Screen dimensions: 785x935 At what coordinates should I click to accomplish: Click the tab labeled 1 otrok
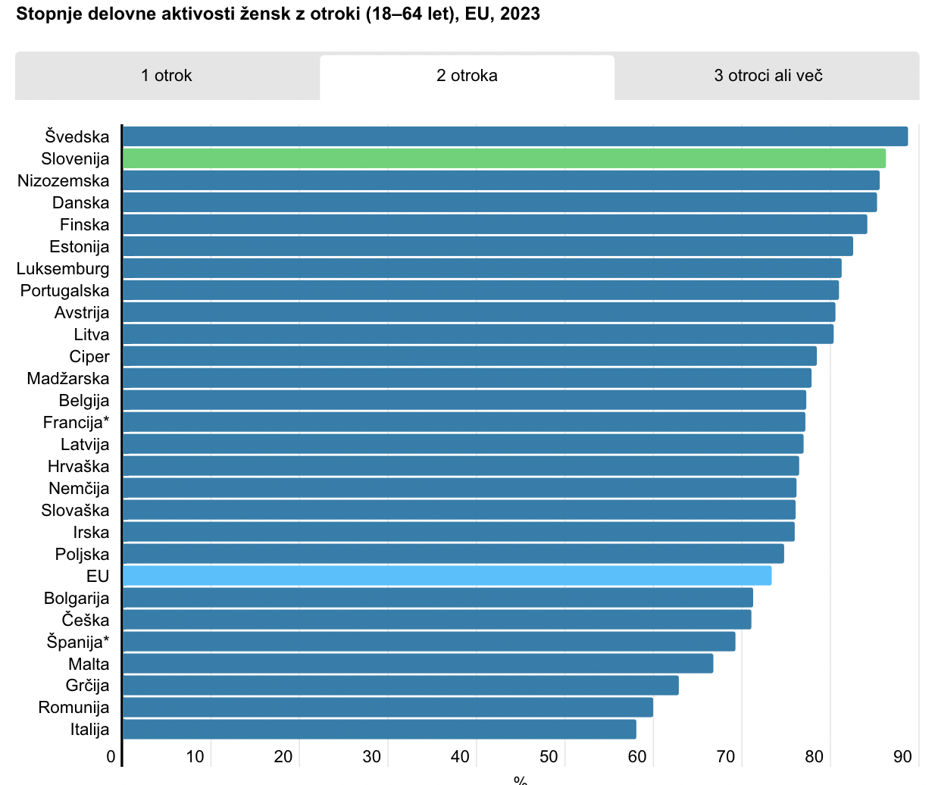pyautogui.click(x=167, y=76)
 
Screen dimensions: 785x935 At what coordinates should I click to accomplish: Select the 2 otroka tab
pyautogui.click(x=467, y=76)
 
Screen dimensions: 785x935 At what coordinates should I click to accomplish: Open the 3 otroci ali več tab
pyautogui.click(x=768, y=76)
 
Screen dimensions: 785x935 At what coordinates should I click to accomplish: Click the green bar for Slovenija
pyautogui.click(x=504, y=158)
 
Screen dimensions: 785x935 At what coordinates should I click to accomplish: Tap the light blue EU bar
pyautogui.click(x=447, y=576)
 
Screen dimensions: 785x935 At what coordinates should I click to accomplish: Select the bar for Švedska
pyautogui.click(x=515, y=136)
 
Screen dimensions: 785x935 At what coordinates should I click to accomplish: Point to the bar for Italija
pyautogui.click(x=379, y=730)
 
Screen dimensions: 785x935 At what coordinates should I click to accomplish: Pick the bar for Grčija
pyautogui.click(x=400, y=686)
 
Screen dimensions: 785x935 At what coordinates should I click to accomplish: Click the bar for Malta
pyautogui.click(x=417, y=664)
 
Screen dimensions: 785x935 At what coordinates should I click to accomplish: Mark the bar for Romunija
pyautogui.click(x=387, y=708)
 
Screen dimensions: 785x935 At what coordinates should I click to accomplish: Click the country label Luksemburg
pyautogui.click(x=63, y=269)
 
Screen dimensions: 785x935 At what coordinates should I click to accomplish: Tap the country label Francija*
pyautogui.click(x=76, y=423)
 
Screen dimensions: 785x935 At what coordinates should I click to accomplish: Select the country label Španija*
pyautogui.click(x=78, y=643)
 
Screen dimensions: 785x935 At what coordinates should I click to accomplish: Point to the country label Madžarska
pyautogui.click(x=68, y=379)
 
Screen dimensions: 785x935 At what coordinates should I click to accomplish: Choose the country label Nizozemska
pyautogui.click(x=64, y=181)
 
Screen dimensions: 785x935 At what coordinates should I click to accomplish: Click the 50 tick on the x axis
pyautogui.click(x=549, y=757)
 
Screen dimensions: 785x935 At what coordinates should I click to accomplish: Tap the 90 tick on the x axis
pyautogui.click(x=902, y=757)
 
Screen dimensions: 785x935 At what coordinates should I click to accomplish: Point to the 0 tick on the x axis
pyautogui.click(x=111, y=757)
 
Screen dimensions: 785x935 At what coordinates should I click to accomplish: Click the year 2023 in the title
pyautogui.click(x=520, y=14)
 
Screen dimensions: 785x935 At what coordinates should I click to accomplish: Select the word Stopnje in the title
pyautogui.click(x=46, y=14)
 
